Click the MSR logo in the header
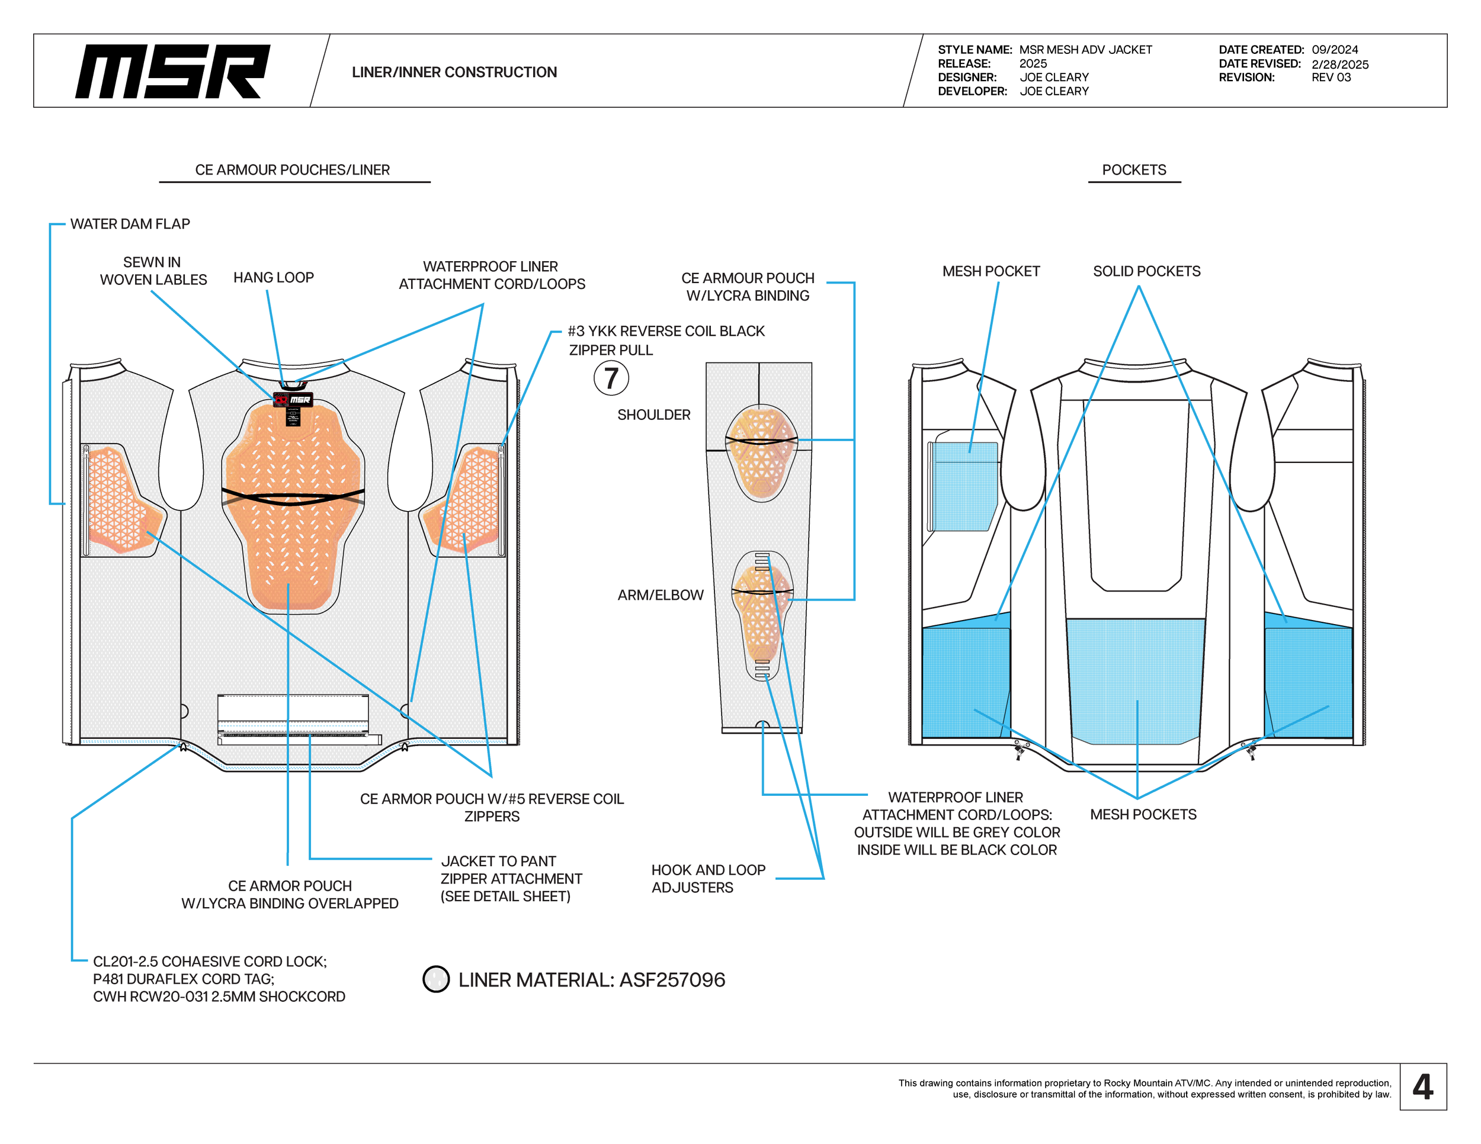(172, 71)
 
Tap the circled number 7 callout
(611, 378)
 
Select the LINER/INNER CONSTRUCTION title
(454, 72)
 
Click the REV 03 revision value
(1331, 77)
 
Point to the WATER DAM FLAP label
(130, 224)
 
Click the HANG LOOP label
(273, 277)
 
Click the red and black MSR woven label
(293, 400)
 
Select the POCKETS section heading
(1134, 169)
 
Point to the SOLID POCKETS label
(1146, 271)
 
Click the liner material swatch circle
(436, 979)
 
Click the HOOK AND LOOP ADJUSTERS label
(708, 878)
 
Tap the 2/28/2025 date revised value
(1339, 65)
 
